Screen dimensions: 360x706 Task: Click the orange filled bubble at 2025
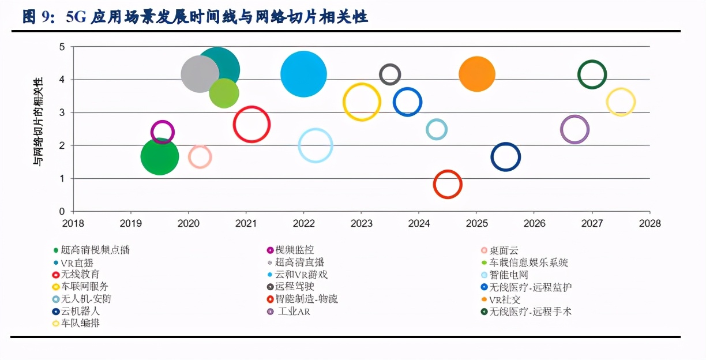(x=477, y=74)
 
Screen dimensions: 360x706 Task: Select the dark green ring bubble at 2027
(x=592, y=74)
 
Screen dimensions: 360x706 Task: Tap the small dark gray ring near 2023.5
(x=390, y=74)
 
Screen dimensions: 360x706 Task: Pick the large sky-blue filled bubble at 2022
(x=303, y=74)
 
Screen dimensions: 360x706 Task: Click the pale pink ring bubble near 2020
(x=200, y=156)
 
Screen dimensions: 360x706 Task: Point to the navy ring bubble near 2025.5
(x=505, y=157)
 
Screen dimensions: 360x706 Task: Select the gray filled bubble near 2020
(x=200, y=74)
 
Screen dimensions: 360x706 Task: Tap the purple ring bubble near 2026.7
(x=574, y=129)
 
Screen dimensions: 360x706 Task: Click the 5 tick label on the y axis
(x=62, y=47)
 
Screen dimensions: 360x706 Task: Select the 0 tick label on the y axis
(x=62, y=212)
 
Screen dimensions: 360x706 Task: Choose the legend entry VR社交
(x=505, y=299)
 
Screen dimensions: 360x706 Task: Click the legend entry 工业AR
(x=294, y=312)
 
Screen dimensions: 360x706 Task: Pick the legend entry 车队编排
(x=80, y=323)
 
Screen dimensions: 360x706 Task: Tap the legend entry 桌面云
(x=504, y=250)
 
